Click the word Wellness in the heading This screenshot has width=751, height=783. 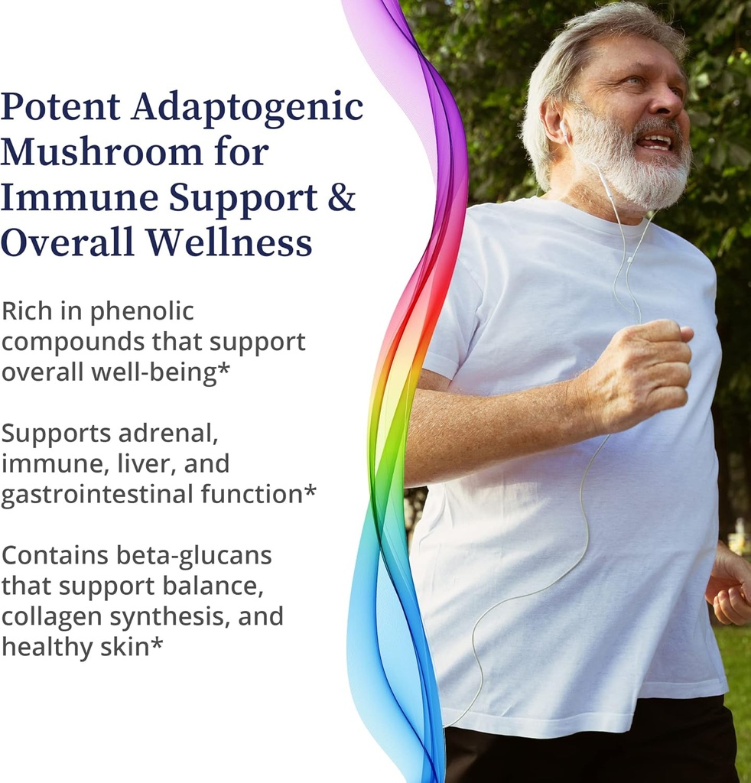(x=229, y=242)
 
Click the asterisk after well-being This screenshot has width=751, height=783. (x=224, y=368)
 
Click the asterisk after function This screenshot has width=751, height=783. (x=310, y=490)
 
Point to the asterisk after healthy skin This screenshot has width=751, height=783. (x=157, y=643)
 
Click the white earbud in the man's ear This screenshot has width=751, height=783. (x=563, y=128)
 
